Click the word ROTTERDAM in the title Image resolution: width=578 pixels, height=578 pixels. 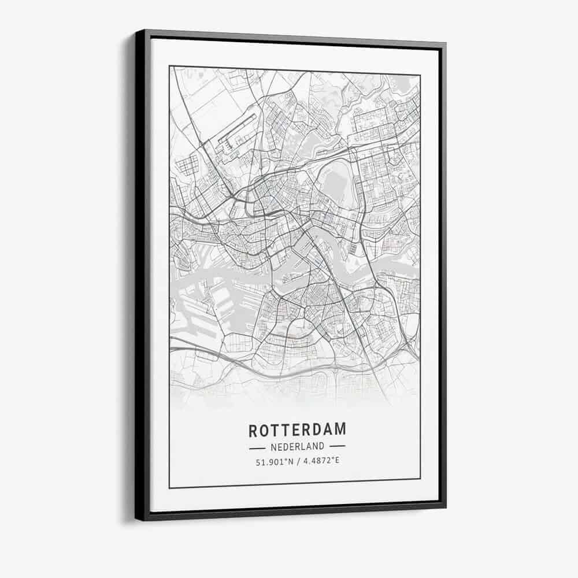pos(298,430)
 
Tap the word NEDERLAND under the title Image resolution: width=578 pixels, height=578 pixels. pos(297,446)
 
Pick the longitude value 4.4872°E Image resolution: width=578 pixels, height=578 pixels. pos(320,461)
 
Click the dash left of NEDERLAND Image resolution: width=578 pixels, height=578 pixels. pos(257,447)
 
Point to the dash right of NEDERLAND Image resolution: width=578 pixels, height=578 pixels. pos(337,446)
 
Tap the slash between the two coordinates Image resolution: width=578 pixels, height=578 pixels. pos(298,461)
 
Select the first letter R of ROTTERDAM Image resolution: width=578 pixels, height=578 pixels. pos(253,431)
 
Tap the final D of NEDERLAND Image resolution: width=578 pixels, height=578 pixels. pos(322,446)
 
